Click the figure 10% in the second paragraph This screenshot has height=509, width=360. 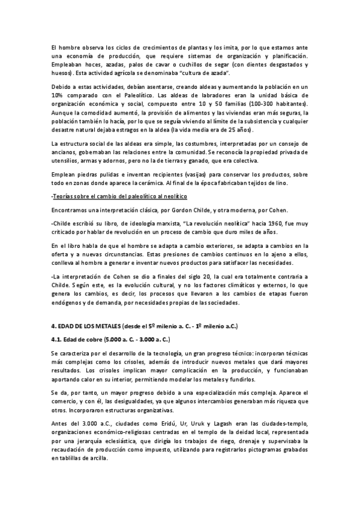coord(58,95)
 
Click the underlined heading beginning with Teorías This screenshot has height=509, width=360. coord(119,196)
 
